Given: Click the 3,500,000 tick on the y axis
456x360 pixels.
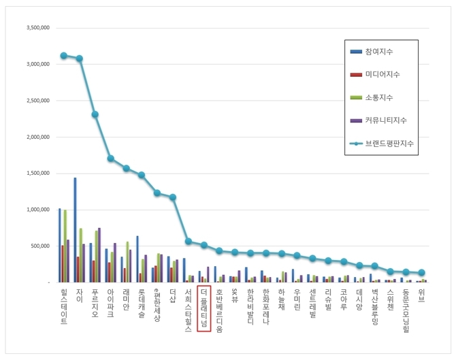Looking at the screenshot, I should click(38, 29).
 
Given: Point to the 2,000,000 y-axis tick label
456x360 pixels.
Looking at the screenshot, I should click(38, 137).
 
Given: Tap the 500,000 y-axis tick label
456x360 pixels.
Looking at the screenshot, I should click(41, 246).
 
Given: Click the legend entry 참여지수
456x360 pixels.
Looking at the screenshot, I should click(378, 52).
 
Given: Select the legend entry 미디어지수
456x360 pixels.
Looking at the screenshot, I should click(381, 74).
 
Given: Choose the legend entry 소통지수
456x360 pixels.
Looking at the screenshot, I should click(378, 97).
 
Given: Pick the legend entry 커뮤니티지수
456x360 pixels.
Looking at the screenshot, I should click(385, 120).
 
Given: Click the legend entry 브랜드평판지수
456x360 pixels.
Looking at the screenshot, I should click(388, 144).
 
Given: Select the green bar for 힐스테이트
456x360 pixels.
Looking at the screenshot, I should click(65, 246).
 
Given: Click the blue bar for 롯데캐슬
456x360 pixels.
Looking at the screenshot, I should click(137, 259).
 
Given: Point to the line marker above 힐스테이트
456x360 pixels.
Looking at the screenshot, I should click(64, 56).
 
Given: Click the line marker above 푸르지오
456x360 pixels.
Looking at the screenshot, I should click(95, 114).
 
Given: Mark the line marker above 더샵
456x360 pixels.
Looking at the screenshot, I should click(173, 197).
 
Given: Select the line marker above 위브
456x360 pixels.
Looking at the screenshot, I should click(422, 272).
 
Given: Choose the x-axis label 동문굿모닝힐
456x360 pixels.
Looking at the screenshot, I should click(406, 310).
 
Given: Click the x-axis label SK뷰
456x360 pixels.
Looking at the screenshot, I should click(235, 296).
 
